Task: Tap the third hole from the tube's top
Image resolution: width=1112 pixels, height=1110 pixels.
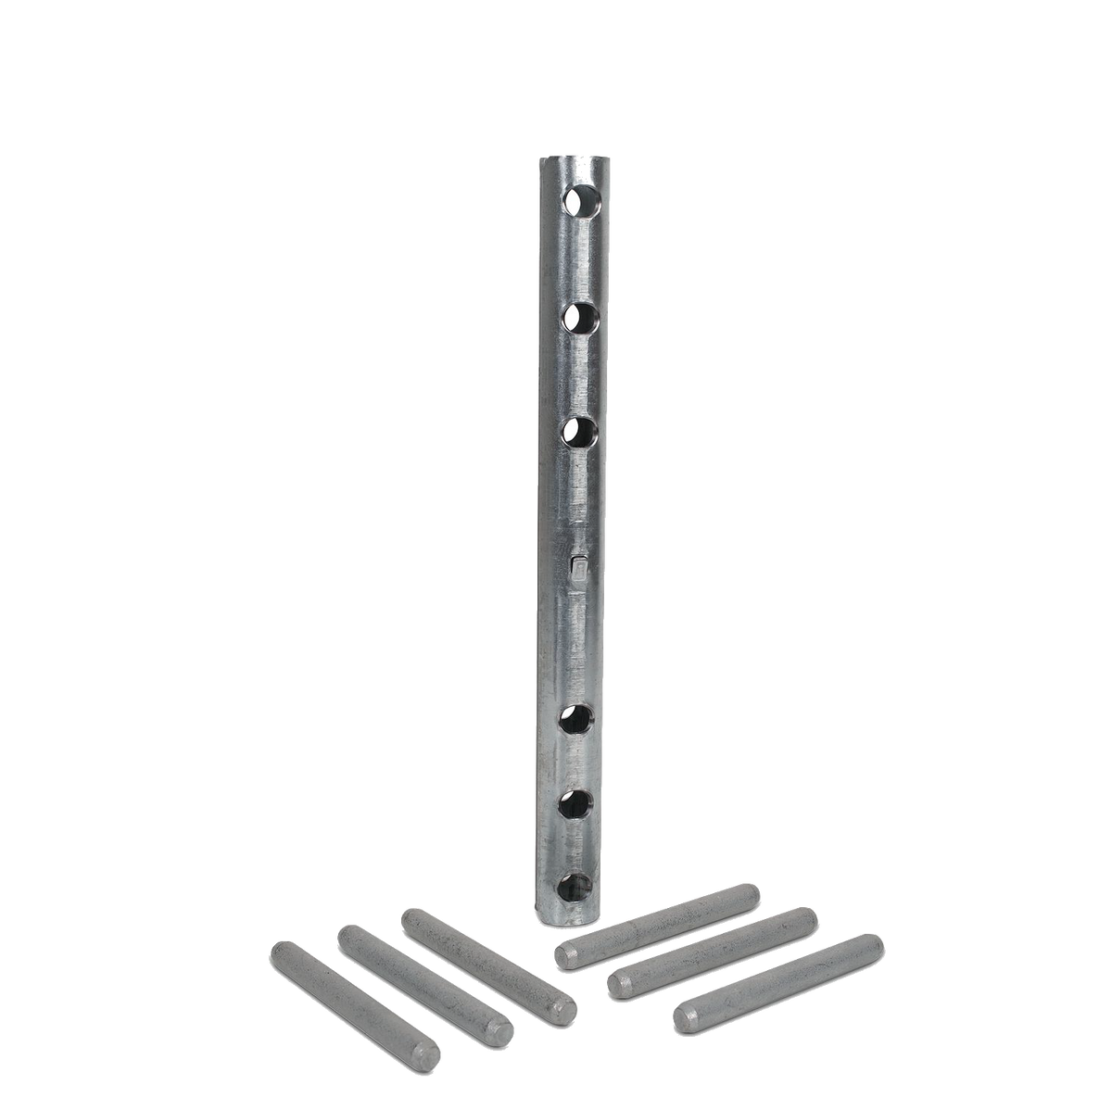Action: tap(580, 433)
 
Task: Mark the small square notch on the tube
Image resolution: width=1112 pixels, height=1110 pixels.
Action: tap(577, 564)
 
